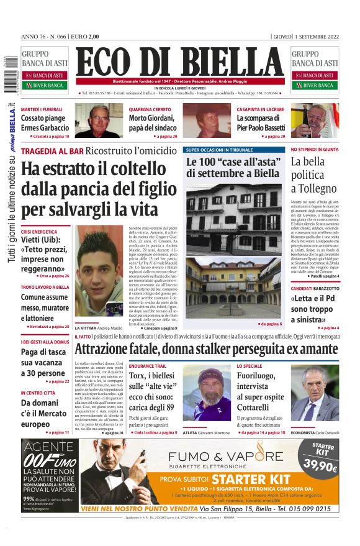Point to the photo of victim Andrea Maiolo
[x=99, y=273]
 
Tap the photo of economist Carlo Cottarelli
[x=315, y=393]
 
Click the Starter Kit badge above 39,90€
[x=323, y=450]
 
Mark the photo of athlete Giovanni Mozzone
[x=206, y=393]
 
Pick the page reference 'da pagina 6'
[x=271, y=324]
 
